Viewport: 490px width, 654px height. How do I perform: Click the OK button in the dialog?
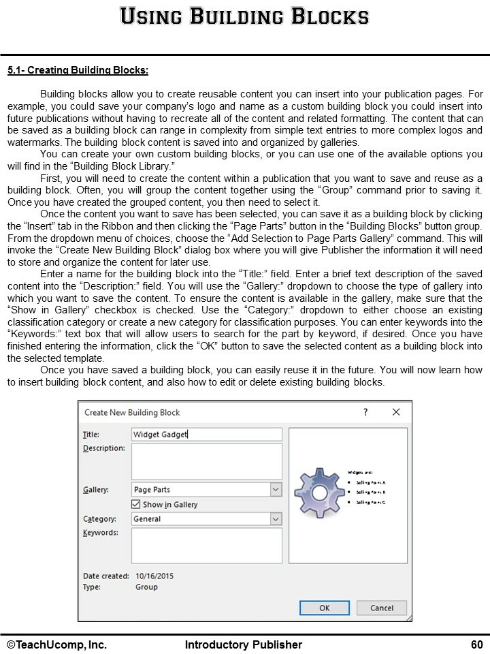point(325,608)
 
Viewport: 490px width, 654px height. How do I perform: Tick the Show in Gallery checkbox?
point(136,504)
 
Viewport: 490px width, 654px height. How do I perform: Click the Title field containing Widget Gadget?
point(206,434)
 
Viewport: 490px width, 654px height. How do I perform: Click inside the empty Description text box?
point(206,461)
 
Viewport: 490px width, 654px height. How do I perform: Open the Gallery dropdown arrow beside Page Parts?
point(276,489)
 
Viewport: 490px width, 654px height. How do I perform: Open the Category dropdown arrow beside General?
point(276,518)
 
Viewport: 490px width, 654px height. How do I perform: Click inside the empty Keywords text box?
point(206,545)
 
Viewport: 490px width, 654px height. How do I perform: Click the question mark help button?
point(365,412)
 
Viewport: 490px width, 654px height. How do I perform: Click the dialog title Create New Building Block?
point(132,412)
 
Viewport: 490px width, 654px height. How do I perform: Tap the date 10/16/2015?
point(154,576)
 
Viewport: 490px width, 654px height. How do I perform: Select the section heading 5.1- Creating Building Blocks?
point(78,70)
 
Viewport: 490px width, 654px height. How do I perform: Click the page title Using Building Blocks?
point(244,16)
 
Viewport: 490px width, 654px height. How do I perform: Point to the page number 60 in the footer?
point(476,644)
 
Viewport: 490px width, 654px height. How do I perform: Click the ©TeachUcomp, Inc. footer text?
point(57,644)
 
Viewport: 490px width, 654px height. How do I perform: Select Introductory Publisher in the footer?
point(244,644)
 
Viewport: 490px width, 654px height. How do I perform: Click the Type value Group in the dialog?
point(146,587)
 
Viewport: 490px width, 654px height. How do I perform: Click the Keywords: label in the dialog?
point(101,532)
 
